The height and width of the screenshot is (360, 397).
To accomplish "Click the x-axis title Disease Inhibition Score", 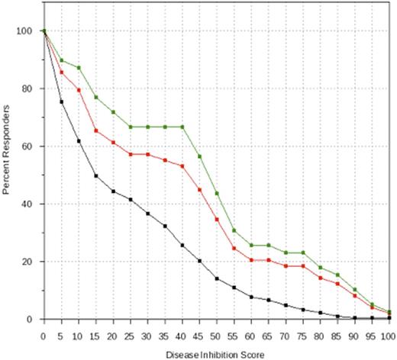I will point(217,354).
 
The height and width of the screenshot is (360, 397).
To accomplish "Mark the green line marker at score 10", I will point(79,68).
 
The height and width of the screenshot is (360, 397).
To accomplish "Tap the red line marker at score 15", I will point(96,130).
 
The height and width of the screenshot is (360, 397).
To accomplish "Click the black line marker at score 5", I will point(62,101).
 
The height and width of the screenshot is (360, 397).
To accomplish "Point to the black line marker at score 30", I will point(148,214).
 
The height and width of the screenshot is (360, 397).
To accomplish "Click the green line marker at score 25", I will point(131,127).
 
